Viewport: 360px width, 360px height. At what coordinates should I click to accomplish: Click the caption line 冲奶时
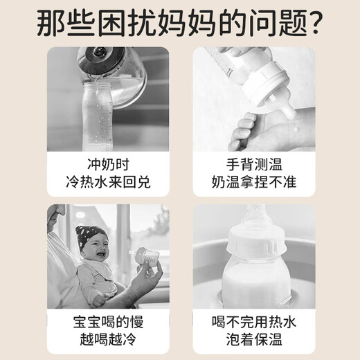tap(107, 167)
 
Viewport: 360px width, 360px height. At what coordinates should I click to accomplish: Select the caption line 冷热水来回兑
tap(107, 185)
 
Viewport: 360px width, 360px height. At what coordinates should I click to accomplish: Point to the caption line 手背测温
tap(252, 167)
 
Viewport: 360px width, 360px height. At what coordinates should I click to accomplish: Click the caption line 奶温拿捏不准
tap(252, 185)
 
